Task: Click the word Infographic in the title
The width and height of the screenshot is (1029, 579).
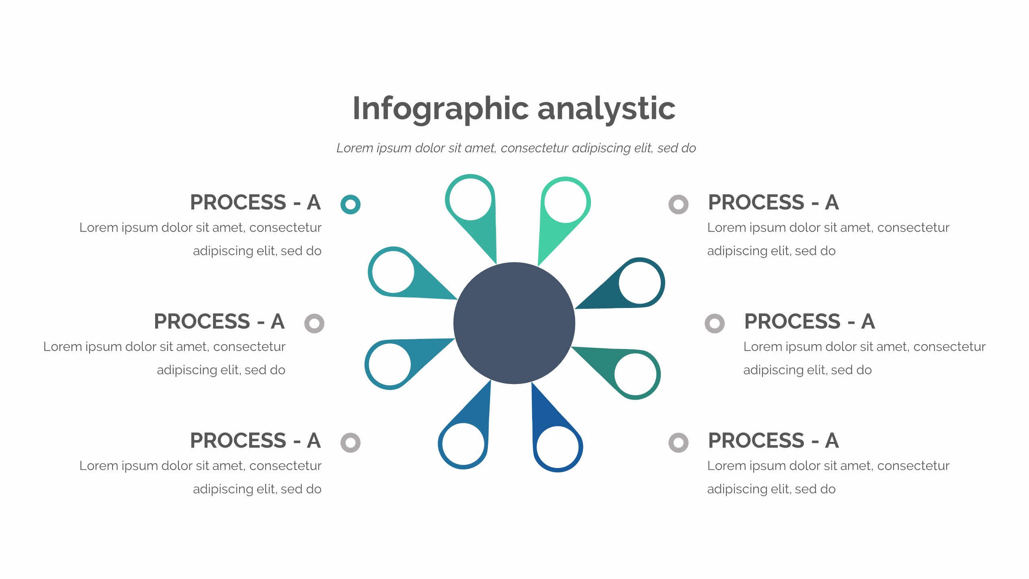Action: coord(441,109)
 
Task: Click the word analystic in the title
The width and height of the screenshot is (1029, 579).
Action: coord(607,109)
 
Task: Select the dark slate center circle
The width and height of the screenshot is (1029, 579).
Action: coord(514,323)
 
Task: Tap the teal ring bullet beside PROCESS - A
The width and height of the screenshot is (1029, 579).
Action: coord(351,205)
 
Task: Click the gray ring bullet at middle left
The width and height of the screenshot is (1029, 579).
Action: coord(314,324)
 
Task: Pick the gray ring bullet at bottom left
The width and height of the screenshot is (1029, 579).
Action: coord(351,443)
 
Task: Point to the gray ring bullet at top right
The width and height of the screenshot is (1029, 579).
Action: coord(678,205)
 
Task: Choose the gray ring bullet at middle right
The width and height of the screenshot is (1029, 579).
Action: coord(715,324)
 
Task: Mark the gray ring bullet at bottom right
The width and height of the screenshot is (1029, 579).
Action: coord(678,443)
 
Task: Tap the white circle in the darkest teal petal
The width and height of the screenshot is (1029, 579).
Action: coord(640,283)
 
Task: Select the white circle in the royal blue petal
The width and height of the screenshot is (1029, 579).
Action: coord(558,447)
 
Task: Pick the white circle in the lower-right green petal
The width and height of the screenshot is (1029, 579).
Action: coord(635,374)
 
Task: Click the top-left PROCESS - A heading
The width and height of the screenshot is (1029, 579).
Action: coord(255,202)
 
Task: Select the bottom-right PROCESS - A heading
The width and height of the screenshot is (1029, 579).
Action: coord(773,440)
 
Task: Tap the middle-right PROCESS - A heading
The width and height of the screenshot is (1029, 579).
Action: coord(810,321)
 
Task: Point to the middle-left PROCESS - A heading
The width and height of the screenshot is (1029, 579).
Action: coord(219,321)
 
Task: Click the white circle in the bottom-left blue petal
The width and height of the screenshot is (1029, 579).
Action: coord(463,444)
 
